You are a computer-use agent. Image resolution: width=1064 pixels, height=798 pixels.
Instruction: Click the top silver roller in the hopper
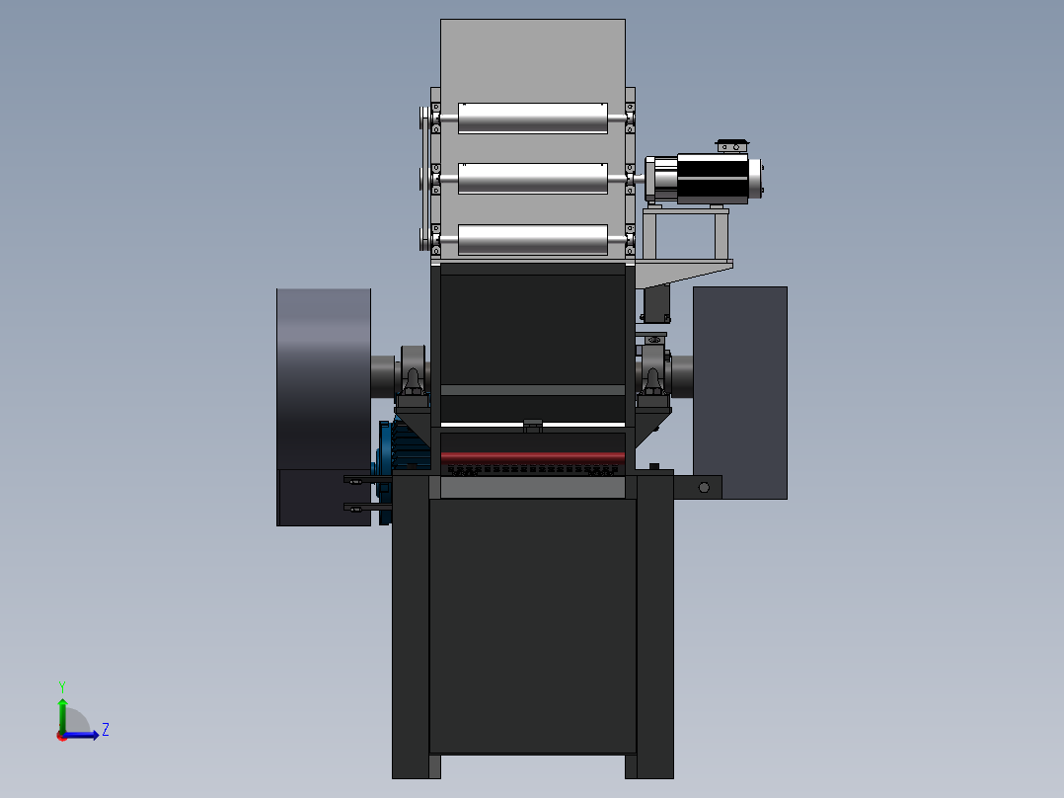[x=533, y=119]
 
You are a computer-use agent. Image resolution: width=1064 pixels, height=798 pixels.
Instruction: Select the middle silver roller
[x=533, y=179]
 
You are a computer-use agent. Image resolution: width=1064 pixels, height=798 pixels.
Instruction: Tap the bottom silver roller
[x=533, y=240]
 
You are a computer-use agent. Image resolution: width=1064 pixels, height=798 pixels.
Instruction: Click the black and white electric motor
[x=705, y=179]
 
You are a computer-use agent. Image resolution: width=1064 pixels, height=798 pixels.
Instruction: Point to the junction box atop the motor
[x=732, y=145]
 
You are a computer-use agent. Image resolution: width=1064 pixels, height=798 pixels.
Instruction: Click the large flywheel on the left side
[x=324, y=407]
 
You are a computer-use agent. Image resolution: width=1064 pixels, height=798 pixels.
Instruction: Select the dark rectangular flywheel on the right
[x=740, y=392]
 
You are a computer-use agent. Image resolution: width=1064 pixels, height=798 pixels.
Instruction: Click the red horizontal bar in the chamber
[x=533, y=456]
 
